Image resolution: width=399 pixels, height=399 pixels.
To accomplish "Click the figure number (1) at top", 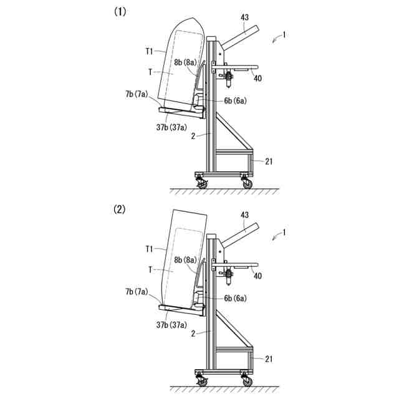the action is (x=119, y=11).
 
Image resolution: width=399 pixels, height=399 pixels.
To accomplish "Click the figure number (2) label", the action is (x=119, y=209).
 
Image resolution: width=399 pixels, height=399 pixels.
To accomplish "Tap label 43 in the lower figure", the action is (x=244, y=215).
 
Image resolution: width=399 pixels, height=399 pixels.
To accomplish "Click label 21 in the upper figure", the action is (x=269, y=161).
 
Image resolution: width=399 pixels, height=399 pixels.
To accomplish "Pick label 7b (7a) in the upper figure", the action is (x=137, y=94).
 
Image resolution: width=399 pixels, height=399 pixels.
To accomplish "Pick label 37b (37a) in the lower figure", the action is (x=173, y=325).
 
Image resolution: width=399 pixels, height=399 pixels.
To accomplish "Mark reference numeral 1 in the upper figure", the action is (x=284, y=36).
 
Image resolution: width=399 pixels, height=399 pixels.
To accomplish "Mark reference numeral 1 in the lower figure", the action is (x=284, y=232).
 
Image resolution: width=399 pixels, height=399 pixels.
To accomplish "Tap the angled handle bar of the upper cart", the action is (x=240, y=37).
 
